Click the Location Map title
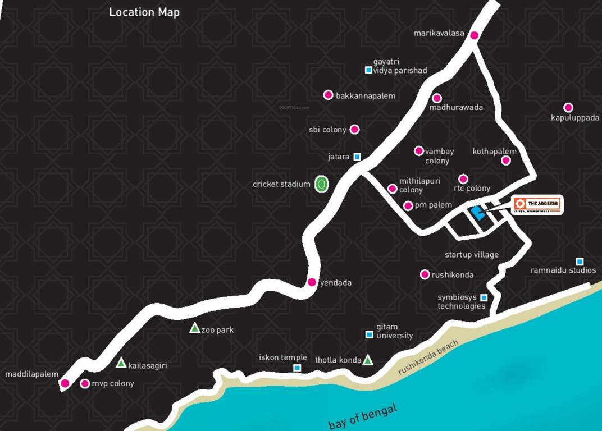click(x=144, y=12)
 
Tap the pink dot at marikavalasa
click(x=474, y=35)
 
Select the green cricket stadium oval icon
click(x=321, y=184)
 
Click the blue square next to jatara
click(x=357, y=157)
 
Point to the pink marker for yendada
click(x=312, y=282)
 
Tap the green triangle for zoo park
click(x=194, y=328)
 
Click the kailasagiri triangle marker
click(x=121, y=364)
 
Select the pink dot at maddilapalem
click(x=65, y=384)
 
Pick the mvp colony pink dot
click(x=85, y=384)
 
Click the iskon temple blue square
click(x=297, y=368)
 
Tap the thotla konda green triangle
click(x=367, y=360)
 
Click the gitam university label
click(x=394, y=331)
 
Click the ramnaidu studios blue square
click(x=580, y=262)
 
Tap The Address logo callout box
click(x=537, y=205)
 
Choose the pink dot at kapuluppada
click(x=568, y=108)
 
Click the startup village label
click(x=471, y=255)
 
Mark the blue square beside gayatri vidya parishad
click(x=368, y=70)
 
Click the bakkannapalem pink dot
click(x=329, y=95)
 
